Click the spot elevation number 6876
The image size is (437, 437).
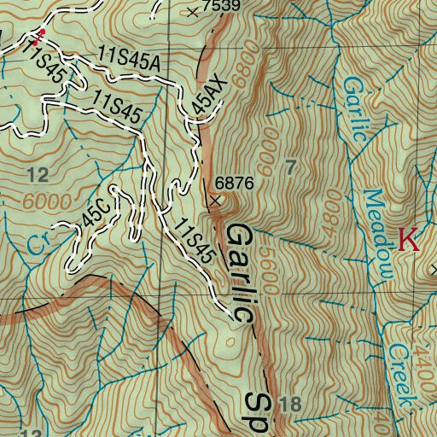[236, 183]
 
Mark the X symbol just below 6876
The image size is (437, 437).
[214, 201]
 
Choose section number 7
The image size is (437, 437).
[291, 168]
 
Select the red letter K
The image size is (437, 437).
[409, 240]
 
